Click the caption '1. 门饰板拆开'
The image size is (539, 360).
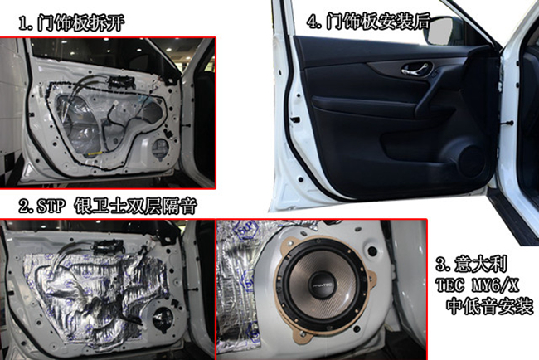point(71,23)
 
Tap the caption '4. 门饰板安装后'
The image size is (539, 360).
point(368,22)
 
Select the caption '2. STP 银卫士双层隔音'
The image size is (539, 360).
point(108,206)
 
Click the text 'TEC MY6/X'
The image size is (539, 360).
point(477,285)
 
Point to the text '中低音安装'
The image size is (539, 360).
point(489,306)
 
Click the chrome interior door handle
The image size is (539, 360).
point(415,69)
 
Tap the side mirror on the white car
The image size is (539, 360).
point(441,30)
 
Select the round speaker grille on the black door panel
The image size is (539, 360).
point(471,161)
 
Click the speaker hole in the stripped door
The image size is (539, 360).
point(160,149)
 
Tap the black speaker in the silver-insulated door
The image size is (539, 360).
point(163,320)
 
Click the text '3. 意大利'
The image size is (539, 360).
point(472,264)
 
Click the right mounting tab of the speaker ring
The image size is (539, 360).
point(371,275)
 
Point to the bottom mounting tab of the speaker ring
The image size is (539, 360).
point(300,335)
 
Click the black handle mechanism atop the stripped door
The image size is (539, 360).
point(121,81)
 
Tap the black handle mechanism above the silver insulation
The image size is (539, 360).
point(107,246)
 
